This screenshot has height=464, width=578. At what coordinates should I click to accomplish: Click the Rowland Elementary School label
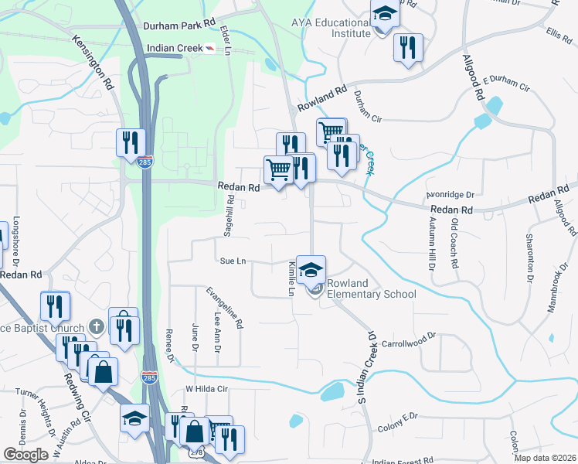tap(371, 288)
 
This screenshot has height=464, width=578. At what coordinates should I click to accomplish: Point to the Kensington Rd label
tap(94, 63)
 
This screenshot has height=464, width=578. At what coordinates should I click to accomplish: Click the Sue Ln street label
tap(233, 262)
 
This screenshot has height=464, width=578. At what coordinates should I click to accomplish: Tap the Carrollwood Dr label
tap(410, 339)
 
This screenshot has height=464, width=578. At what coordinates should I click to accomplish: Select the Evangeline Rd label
tap(225, 308)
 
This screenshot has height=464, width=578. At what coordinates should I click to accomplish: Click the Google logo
tap(25, 455)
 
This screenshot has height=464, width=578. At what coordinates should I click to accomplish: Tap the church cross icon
tap(96, 328)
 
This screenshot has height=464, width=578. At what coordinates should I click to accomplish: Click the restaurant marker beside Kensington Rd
tap(130, 142)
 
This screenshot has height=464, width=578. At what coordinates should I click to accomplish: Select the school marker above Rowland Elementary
tap(311, 269)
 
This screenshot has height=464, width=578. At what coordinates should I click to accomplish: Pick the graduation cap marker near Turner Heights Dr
tap(134, 419)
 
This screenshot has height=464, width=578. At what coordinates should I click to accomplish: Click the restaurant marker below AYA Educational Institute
tap(407, 48)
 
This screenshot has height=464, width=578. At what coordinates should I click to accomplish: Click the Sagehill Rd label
tap(229, 219)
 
